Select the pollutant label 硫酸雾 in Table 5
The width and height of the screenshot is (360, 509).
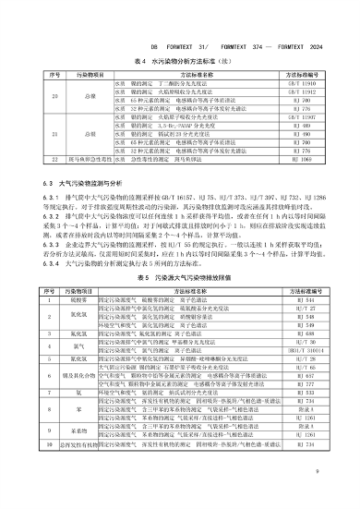[79, 302]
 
